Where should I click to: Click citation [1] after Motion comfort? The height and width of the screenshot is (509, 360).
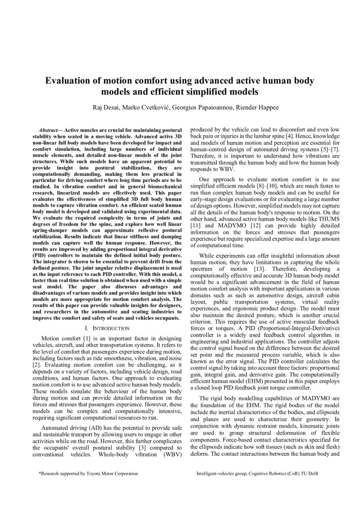pyautogui.click(x=89, y=338)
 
